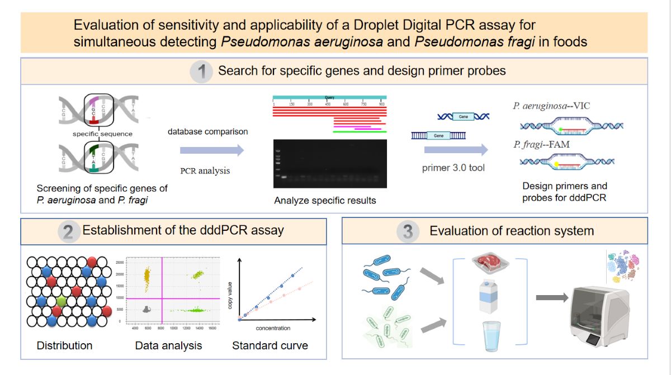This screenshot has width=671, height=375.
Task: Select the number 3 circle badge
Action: coord(408,231)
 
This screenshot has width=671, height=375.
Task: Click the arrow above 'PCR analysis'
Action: coord(212,150)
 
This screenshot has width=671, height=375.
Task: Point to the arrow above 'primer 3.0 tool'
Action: coord(455,150)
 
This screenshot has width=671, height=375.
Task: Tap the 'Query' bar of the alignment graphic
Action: coord(329,98)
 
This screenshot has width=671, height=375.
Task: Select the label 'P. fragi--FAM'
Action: coord(542,145)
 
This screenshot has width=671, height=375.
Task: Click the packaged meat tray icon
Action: coord(486,264)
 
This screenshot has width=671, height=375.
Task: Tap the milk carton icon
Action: coord(485,300)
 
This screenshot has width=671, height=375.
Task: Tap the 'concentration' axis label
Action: coord(273,327)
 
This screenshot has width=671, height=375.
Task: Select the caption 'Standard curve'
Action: coord(270,346)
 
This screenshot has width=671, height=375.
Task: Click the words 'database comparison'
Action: coord(208,132)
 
